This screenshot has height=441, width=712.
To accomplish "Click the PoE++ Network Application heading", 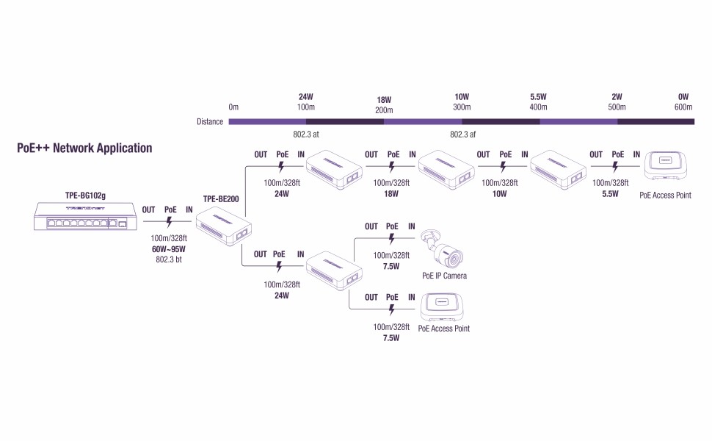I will pos(84,148).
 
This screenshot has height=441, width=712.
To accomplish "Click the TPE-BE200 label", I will pos(220,198).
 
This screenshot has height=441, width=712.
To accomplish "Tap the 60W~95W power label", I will pos(169,249).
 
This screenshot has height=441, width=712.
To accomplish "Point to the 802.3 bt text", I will pos(169,259).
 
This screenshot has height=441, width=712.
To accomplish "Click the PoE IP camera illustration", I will pos(445,250).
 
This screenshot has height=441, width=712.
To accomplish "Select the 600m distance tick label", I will pos(683,107).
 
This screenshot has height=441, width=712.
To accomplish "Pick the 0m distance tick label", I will pos(233,107).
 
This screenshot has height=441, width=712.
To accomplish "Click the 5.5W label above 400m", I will pos(538,97).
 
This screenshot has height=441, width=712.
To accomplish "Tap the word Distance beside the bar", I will pos(210,121).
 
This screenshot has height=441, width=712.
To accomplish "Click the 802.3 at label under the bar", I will pos(305,135).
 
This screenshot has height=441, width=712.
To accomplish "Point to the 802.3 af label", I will pos(462,135).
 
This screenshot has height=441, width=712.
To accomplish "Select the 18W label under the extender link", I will pos(391,194).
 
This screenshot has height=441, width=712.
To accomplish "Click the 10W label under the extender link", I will pos(500,194).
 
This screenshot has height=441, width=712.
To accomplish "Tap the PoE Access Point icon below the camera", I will pos(443,308).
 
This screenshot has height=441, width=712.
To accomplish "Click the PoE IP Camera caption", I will pos(444,276).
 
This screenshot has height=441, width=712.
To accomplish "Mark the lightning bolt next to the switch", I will pos(170,220).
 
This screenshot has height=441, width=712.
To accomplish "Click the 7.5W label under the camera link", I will pos(391,266).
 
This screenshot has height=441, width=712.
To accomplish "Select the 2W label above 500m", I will pos(617,97).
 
